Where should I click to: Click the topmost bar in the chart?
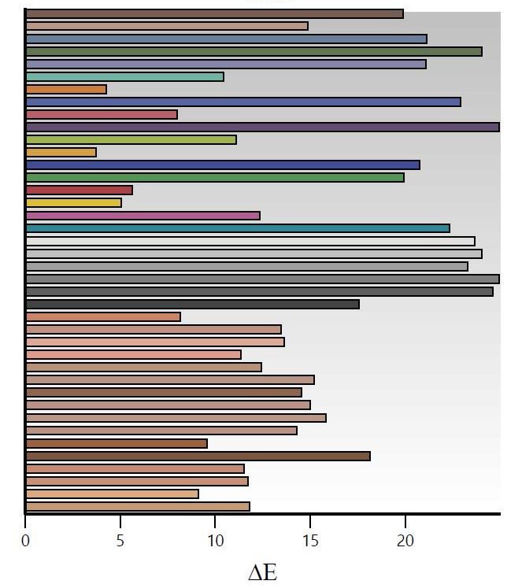tap(214, 13)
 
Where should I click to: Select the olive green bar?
tap(254, 51)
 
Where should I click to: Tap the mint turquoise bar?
tap(124, 76)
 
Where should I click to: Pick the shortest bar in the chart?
tap(61, 152)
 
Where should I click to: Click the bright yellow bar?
tap(73, 202)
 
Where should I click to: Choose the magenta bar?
tap(143, 215)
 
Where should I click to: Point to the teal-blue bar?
tap(237, 227)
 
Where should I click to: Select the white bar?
tap(250, 241)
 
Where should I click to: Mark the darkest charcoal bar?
tap(192, 304)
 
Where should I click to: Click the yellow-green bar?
tap(131, 139)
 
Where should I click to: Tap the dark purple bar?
tap(262, 127)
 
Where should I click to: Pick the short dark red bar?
tap(79, 190)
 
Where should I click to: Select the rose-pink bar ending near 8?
tap(101, 114)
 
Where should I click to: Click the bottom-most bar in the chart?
tap(137, 506)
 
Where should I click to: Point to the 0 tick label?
tap(25, 542)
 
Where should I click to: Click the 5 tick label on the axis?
tap(120, 542)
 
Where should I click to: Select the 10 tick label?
tap(215, 542)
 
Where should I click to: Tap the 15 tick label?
tap(310, 542)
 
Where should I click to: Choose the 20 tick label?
tap(405, 542)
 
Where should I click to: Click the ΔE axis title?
tap(262, 572)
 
